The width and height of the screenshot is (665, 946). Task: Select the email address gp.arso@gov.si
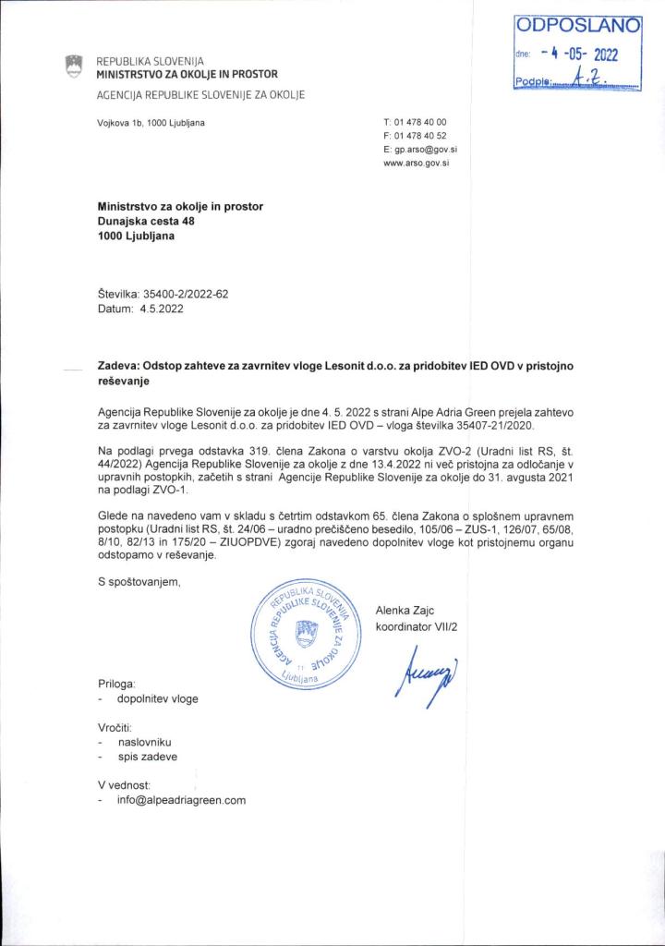point(420,148)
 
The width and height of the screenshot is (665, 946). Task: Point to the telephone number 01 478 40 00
point(420,123)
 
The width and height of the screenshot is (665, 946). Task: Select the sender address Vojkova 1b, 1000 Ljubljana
point(151,123)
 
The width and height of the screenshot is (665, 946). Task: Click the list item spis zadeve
point(148,757)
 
